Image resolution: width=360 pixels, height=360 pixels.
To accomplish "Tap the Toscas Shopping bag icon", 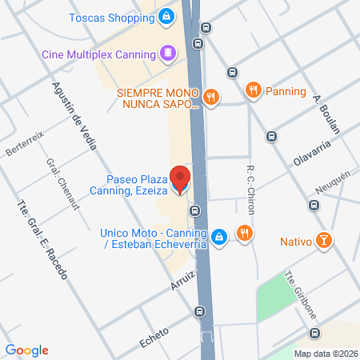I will [166, 15].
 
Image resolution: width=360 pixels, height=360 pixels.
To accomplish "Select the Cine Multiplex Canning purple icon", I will [167, 54].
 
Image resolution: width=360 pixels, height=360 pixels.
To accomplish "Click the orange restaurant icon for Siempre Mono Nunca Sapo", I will [210, 98].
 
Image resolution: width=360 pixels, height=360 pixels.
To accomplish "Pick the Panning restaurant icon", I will [253, 90].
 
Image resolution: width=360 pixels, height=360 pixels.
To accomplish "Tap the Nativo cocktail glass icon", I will [323, 239].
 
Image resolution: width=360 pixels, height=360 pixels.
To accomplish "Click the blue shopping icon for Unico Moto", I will [219, 235].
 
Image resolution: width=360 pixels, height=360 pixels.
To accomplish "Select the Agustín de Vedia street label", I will [76, 117].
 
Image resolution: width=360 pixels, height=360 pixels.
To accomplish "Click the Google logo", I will [26, 350].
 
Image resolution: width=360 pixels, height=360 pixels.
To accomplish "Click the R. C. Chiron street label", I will [251, 186].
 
